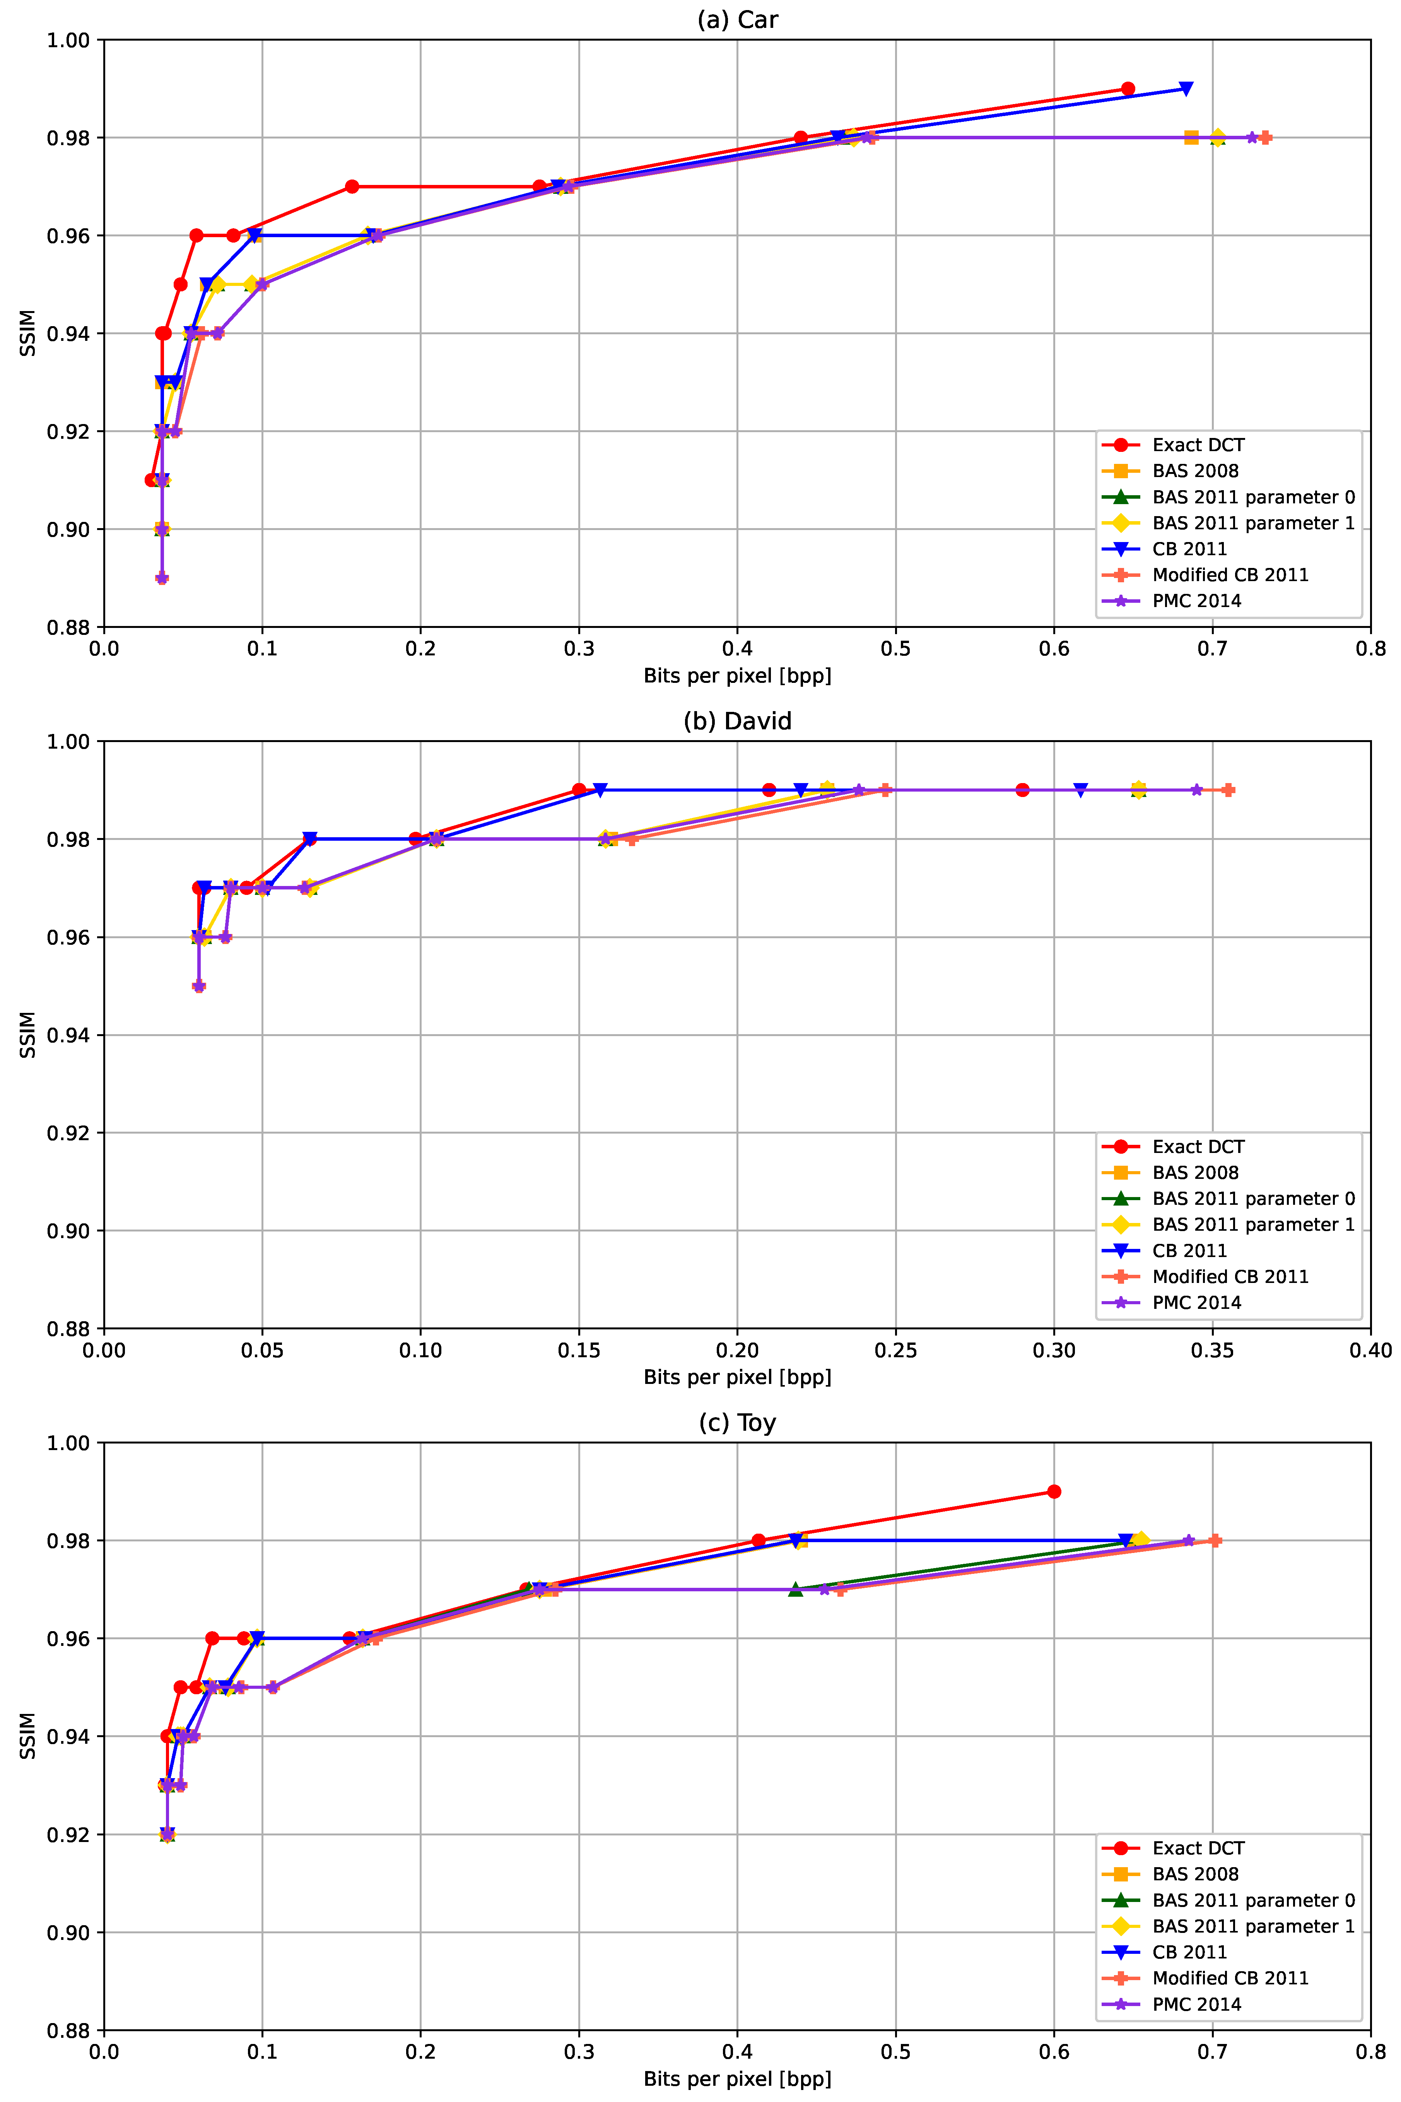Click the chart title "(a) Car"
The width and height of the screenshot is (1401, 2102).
tap(737, 20)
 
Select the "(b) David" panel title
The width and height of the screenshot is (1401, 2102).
tap(737, 721)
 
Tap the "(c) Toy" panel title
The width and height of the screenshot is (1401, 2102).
tap(737, 1423)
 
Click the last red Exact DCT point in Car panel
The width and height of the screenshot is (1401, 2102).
tap(1128, 89)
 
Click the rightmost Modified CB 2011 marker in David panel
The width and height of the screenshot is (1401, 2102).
tap(1228, 790)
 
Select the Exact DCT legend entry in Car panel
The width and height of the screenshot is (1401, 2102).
tap(1197, 445)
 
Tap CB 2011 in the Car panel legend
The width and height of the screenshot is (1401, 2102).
tap(1189, 549)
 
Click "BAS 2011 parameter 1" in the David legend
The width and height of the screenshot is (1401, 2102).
tap(1253, 1225)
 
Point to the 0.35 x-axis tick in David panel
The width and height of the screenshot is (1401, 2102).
tap(1213, 1350)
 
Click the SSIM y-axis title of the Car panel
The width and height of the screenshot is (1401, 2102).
tap(28, 334)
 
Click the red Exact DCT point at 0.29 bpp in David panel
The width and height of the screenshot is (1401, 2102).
tap(1022, 790)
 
